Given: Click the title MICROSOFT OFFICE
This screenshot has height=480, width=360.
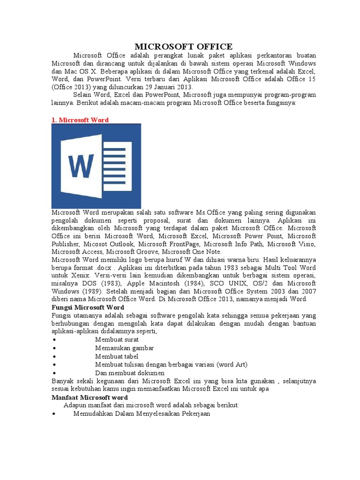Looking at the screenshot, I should tap(183, 46).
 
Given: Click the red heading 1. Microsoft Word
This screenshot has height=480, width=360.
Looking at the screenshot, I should tap(80, 120).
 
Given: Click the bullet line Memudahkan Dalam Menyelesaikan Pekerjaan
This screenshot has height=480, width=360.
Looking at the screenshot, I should tap(142, 414).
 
